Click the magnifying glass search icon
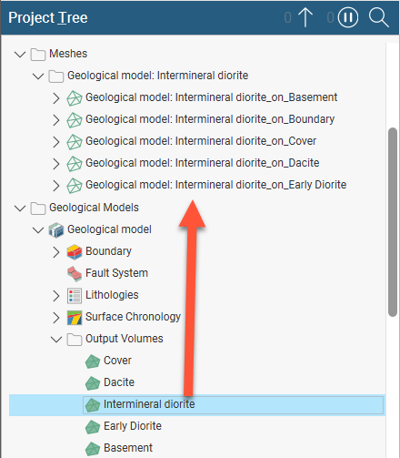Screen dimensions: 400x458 [378, 17]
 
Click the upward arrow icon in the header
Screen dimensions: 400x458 [305, 17]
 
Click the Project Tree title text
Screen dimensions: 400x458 [48, 17]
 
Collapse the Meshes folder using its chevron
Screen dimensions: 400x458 [20, 55]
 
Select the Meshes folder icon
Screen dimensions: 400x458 [38, 55]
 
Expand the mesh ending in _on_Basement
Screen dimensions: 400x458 [56, 98]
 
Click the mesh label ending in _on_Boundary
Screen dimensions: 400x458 [210, 119]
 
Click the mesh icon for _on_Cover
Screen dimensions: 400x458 [75, 142]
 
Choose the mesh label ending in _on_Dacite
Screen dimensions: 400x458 [203, 163]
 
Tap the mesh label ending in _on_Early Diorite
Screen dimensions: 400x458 [215, 185]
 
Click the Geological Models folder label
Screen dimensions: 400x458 [94, 208]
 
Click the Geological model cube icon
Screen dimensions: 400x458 [56, 229]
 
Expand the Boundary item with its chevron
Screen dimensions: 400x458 [56, 252]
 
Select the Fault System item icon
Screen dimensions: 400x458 [75, 273]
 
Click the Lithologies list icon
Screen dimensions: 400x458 [75, 296]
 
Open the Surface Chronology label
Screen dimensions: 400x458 [133, 317]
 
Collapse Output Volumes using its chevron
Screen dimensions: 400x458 [56, 340]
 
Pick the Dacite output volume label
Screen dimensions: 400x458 [119, 382]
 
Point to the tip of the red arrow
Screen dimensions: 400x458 [192, 200]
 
